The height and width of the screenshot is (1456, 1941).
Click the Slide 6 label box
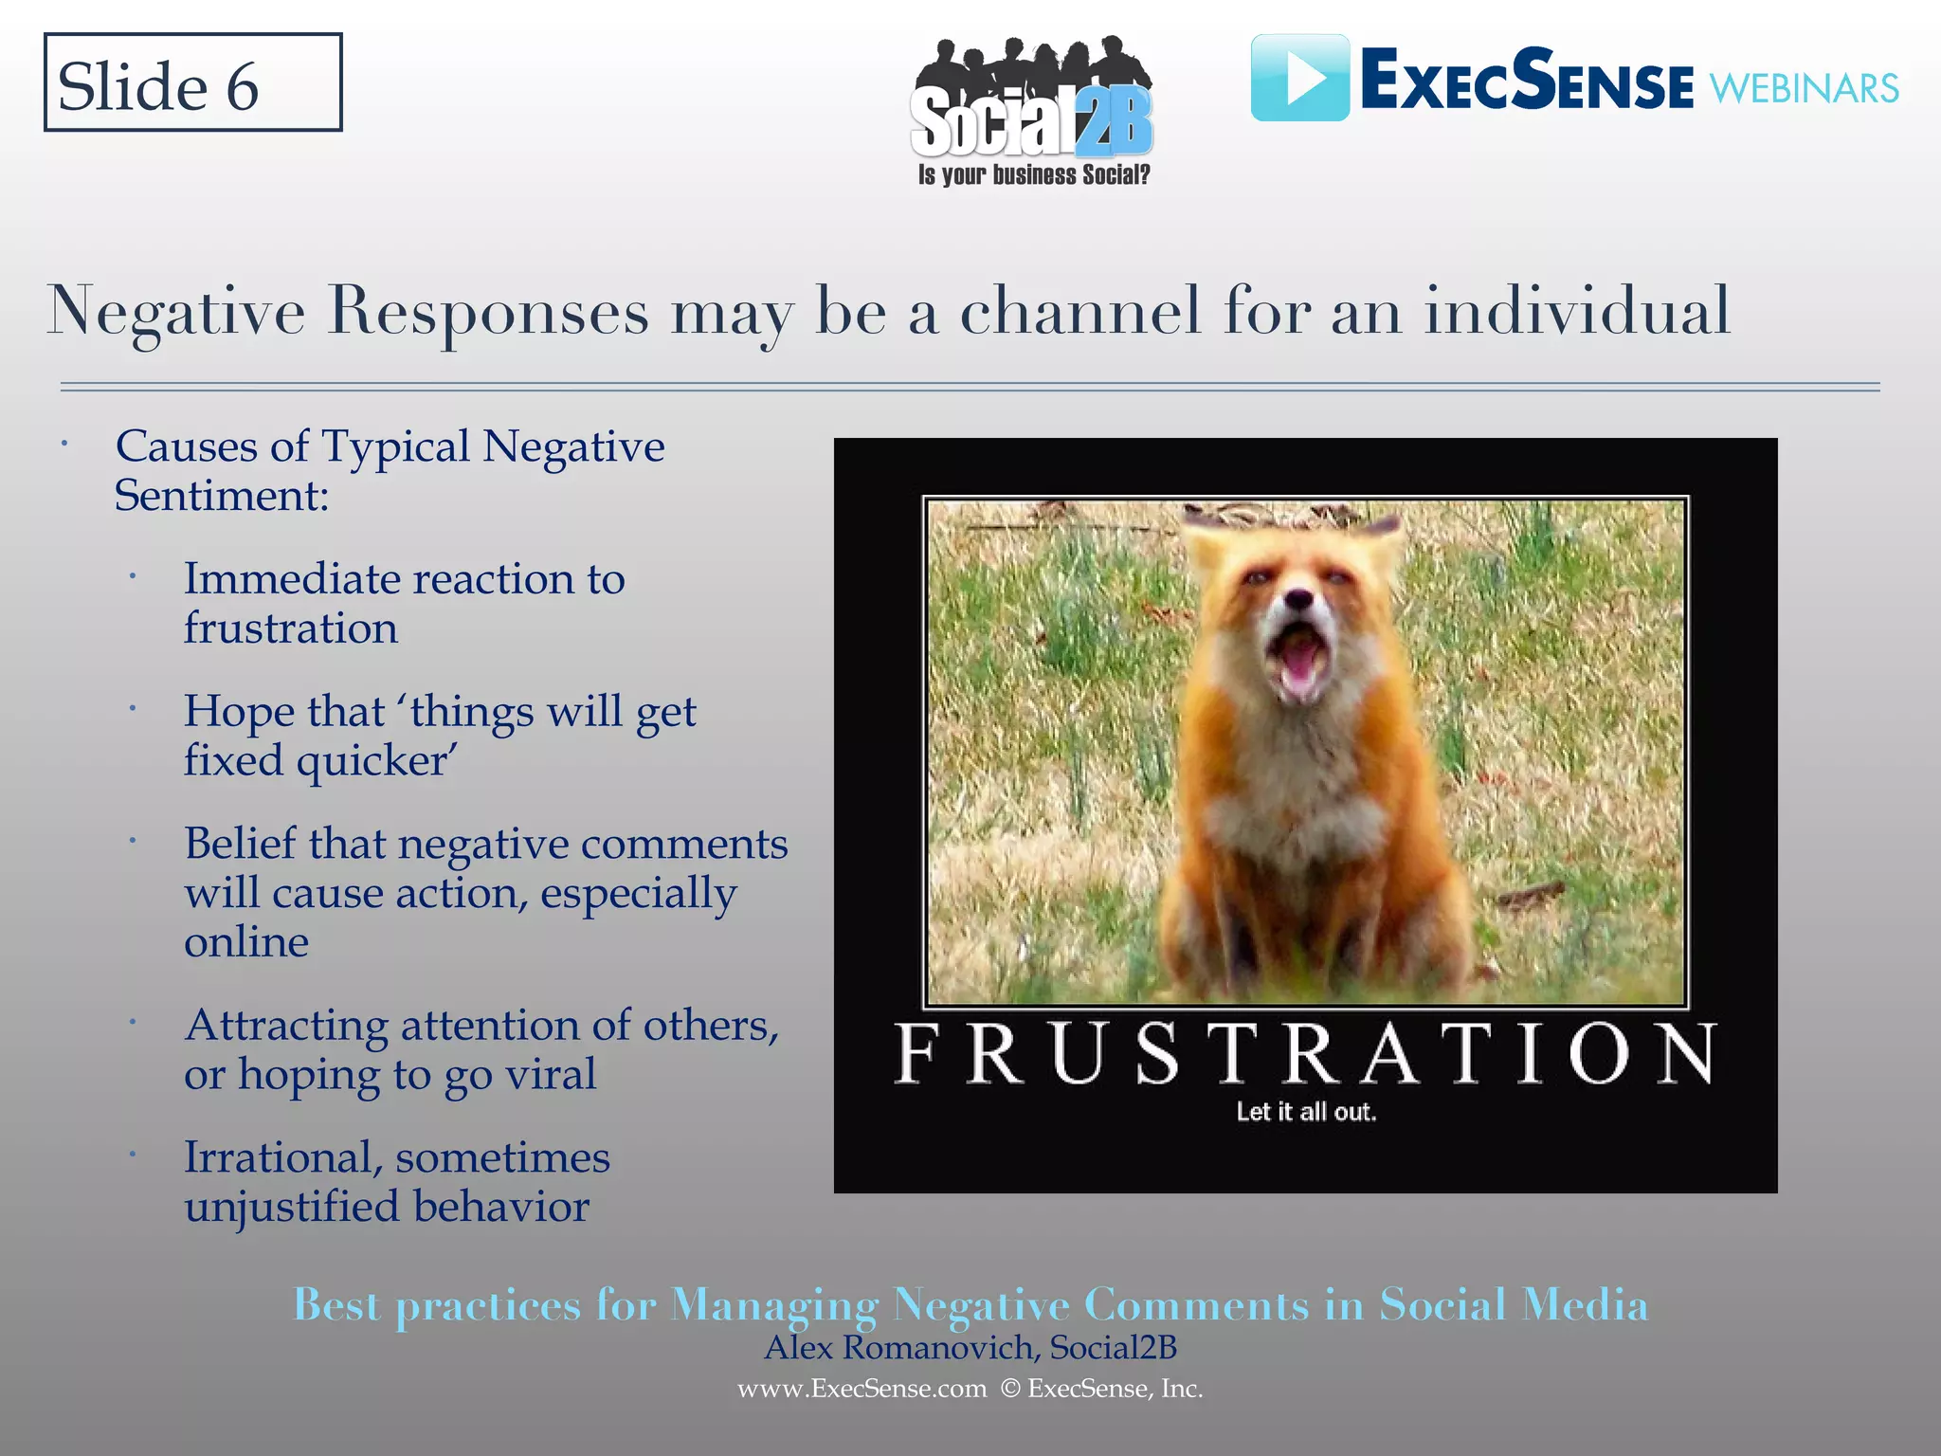tap(192, 83)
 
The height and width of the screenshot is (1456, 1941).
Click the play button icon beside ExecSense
tap(1299, 79)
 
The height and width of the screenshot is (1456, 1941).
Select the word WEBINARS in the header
tap(1804, 89)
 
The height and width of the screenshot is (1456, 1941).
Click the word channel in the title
tap(1080, 311)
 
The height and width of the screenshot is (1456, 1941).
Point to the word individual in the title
tap(1577, 311)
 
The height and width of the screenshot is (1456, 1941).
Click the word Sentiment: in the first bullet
tap(222, 496)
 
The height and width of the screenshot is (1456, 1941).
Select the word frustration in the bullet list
tap(290, 628)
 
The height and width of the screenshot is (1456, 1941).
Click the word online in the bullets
tap(246, 942)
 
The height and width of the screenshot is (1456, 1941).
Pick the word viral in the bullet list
tap(551, 1074)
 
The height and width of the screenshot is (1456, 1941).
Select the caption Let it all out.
tap(1305, 1112)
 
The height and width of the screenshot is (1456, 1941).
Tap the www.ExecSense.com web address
tap(862, 1389)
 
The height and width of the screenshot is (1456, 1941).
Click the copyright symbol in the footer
tap(1010, 1389)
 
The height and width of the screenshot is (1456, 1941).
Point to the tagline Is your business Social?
tap(1033, 175)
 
